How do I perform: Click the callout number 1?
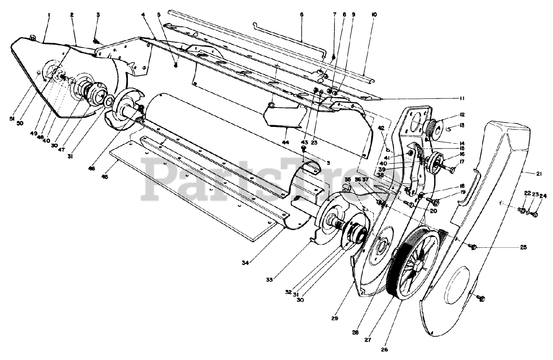click(49, 15)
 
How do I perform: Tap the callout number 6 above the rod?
click(301, 15)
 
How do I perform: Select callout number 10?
click(374, 15)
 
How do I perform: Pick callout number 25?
click(524, 247)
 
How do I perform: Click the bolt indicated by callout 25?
click(472, 247)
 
